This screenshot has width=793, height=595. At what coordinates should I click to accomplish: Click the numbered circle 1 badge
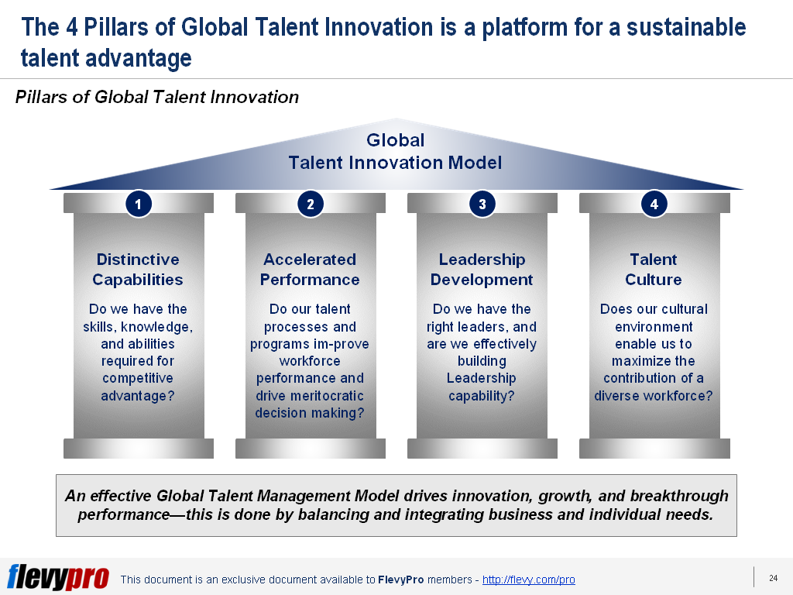pyautogui.click(x=138, y=205)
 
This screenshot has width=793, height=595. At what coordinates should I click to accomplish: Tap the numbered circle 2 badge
pyautogui.click(x=310, y=205)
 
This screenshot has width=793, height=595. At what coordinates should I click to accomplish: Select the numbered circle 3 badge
pyautogui.click(x=482, y=205)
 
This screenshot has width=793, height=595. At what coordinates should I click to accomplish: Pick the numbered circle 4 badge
pyautogui.click(x=654, y=205)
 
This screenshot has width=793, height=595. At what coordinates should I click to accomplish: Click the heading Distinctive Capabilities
pyautogui.click(x=138, y=270)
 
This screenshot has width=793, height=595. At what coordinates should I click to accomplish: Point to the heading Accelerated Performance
pyautogui.click(x=310, y=270)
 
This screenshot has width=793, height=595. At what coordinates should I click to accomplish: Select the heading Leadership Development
pyautogui.click(x=482, y=270)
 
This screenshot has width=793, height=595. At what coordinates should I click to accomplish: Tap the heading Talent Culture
pyautogui.click(x=654, y=270)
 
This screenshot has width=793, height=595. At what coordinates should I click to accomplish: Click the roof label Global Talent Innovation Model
pyautogui.click(x=395, y=152)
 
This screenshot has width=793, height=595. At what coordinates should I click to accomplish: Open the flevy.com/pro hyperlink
pyautogui.click(x=528, y=580)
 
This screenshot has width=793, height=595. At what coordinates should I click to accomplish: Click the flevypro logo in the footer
pyautogui.click(x=58, y=577)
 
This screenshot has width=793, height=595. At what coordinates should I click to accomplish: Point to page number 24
pyautogui.click(x=773, y=578)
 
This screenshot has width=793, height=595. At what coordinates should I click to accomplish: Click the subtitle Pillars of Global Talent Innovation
pyautogui.click(x=157, y=97)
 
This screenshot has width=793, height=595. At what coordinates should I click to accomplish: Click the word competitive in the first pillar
pyautogui.click(x=138, y=378)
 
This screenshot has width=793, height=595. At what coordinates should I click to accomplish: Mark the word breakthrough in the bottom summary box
pyautogui.click(x=669, y=496)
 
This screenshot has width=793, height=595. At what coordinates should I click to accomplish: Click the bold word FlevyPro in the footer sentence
pyautogui.click(x=400, y=580)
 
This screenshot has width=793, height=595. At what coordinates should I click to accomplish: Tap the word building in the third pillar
pyautogui.click(x=482, y=361)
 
